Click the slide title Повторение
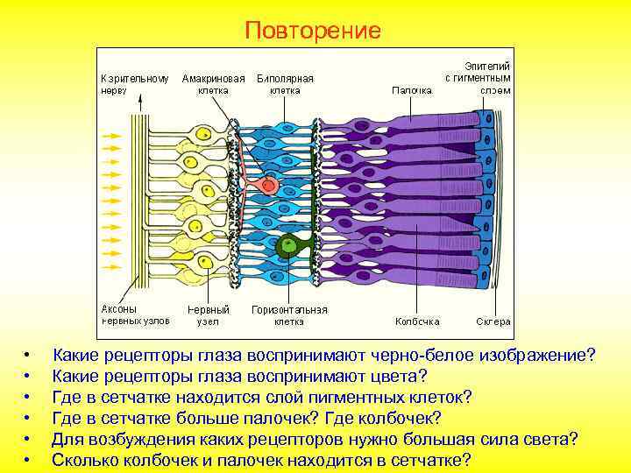coord(313,32)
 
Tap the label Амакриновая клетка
coord(213,83)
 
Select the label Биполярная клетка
coord(285,83)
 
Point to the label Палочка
coord(411,89)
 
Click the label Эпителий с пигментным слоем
coord(478,77)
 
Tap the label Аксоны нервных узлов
coord(131,314)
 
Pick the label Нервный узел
coord(209,314)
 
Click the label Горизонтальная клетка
coord(289,314)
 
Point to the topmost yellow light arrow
coord(112,137)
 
